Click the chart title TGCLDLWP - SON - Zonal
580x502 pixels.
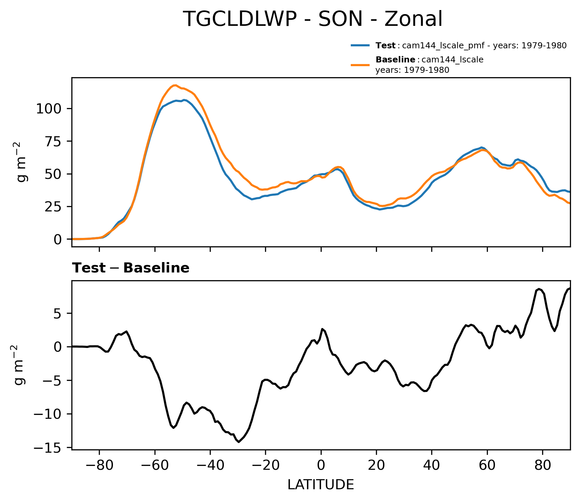click(x=313, y=19)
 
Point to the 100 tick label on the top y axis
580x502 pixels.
click(x=49, y=109)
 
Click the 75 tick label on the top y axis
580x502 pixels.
click(x=54, y=142)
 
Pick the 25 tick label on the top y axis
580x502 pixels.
click(x=54, y=207)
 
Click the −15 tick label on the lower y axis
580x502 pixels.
click(x=47, y=448)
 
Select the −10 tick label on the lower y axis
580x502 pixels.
click(x=47, y=414)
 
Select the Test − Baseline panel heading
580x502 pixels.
click(x=131, y=268)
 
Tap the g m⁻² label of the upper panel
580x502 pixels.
click(x=22, y=162)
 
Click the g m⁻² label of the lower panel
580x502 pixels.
click(x=20, y=365)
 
